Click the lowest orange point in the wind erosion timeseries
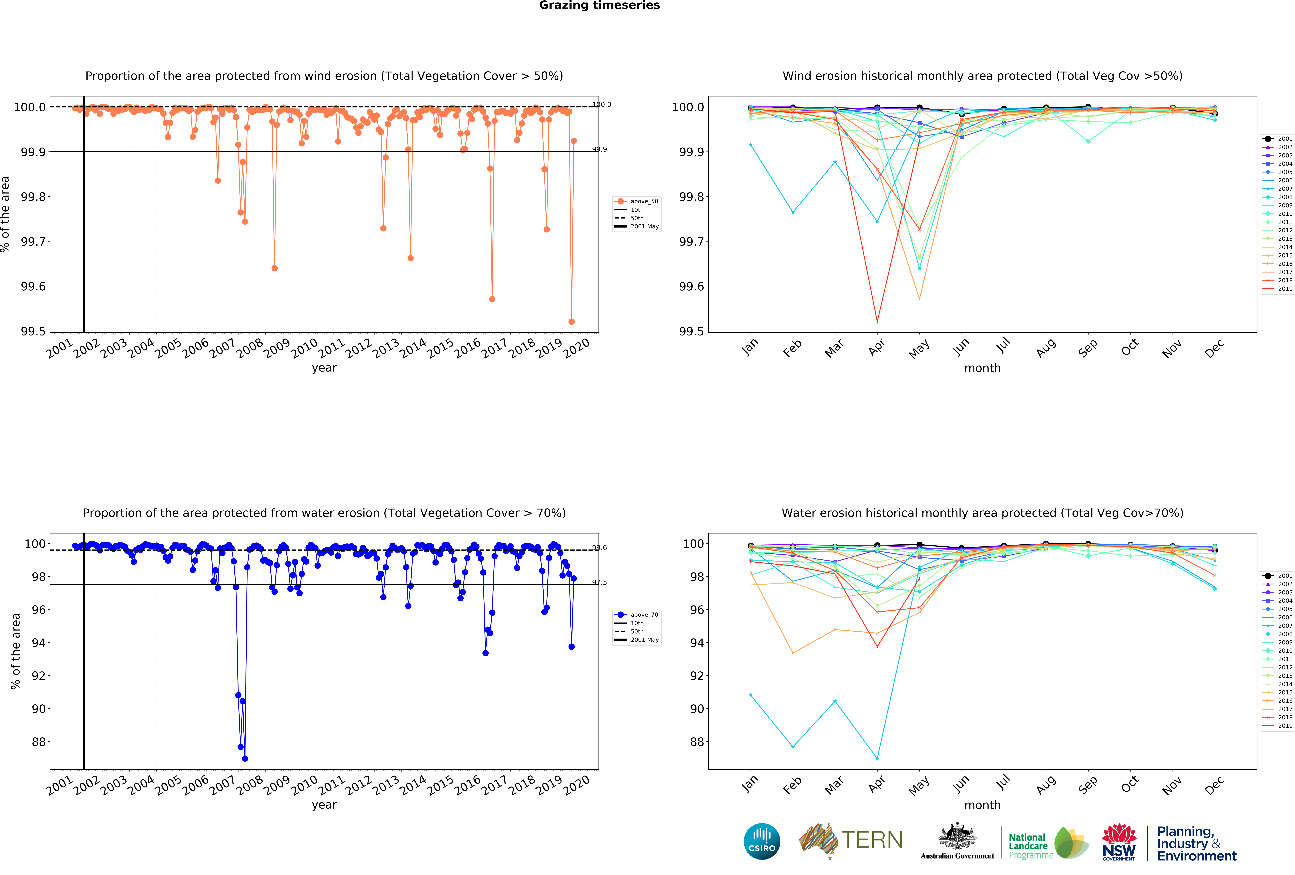(571, 322)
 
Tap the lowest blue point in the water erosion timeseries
(245, 759)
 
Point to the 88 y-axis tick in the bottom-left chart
(38, 742)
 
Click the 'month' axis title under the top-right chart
(982, 368)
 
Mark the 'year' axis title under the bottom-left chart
(324, 805)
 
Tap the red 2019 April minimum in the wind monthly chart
(877, 322)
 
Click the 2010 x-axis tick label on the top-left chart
(304, 349)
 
